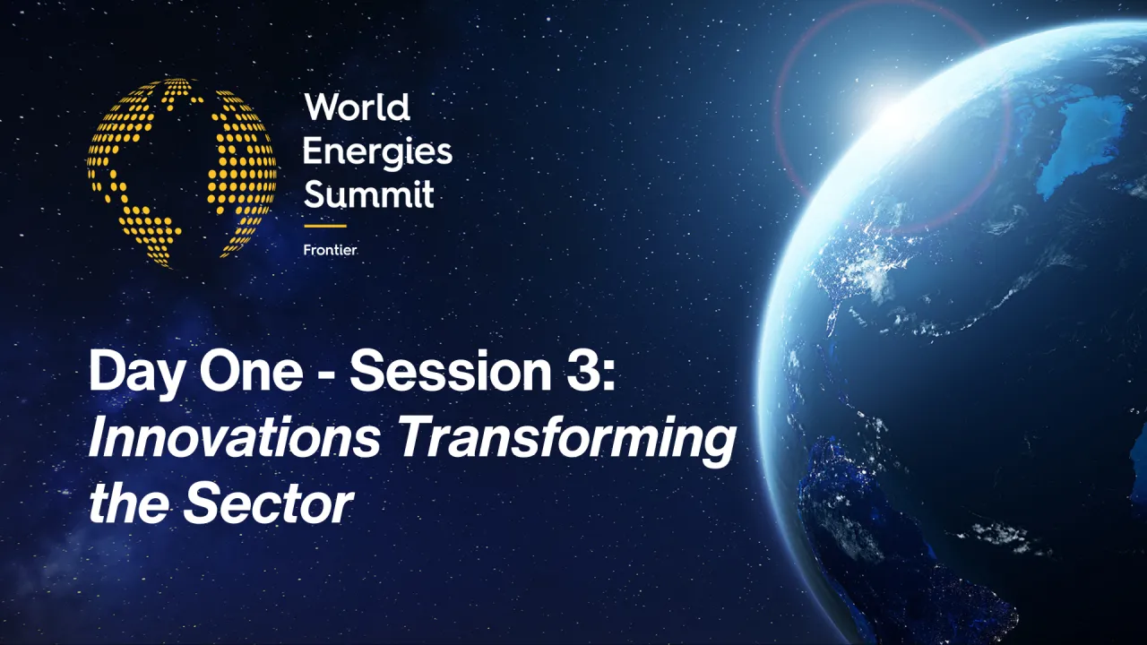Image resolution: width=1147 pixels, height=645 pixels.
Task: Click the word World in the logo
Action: pos(357,108)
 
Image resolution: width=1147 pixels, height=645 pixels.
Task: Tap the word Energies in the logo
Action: pos(377,152)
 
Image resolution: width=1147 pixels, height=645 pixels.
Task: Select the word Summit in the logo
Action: pos(368,193)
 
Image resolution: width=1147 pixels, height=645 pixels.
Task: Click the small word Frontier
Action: pos(330,250)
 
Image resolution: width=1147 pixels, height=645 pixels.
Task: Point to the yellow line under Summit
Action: pos(324,226)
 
